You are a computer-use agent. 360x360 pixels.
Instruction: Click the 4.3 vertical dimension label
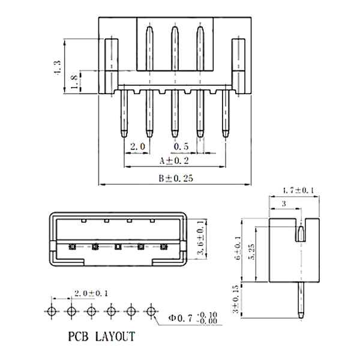[58, 65]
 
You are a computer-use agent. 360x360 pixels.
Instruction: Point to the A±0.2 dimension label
[175, 161]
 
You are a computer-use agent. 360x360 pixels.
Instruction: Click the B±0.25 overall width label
[175, 178]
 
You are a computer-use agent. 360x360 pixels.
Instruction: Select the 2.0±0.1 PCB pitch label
[91, 293]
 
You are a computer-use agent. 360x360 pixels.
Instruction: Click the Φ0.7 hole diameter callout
[184, 317]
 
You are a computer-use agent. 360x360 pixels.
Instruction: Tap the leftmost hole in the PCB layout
[52, 311]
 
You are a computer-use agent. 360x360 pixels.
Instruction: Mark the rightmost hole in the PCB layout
[152, 311]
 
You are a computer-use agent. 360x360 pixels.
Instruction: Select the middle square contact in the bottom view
[118, 247]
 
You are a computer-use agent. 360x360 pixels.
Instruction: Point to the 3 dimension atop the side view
[283, 205]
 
